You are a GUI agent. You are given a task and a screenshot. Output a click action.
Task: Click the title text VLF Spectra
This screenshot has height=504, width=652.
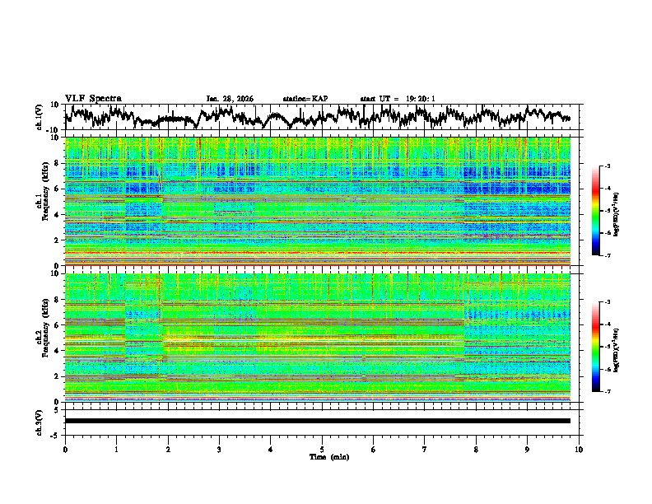tap(93, 98)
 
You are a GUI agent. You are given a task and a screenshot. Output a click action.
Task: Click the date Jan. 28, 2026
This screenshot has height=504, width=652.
tap(230, 99)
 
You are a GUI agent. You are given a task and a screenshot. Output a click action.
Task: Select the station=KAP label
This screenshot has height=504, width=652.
tap(305, 99)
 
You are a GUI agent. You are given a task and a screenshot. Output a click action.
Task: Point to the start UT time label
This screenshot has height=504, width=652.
tap(398, 99)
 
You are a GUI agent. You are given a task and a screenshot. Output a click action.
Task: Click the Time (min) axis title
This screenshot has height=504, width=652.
tap(322, 456)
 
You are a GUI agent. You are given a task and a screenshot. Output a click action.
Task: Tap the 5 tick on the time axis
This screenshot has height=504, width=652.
tap(322, 449)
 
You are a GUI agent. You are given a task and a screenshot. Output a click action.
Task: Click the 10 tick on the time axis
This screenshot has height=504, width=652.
tap(579, 449)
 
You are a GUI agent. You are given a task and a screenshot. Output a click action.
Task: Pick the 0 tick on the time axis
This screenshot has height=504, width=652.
tap(65, 449)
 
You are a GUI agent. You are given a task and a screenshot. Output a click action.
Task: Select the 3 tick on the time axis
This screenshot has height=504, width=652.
tap(219, 449)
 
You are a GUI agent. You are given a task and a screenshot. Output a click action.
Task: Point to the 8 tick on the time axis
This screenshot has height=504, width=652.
tap(476, 449)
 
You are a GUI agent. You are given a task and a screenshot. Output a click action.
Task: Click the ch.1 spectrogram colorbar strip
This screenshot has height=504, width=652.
tap(604, 211)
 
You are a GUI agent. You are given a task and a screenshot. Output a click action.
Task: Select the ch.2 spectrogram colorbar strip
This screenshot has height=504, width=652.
tap(604, 347)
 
